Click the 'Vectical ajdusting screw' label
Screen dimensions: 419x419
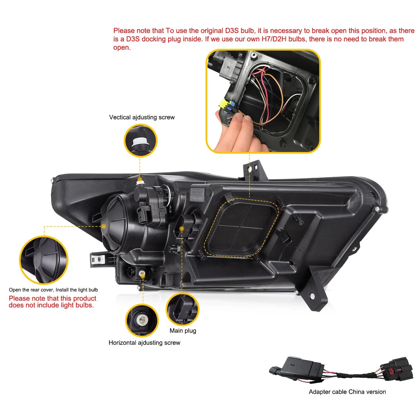(142, 117)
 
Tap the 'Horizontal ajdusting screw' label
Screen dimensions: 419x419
(144, 343)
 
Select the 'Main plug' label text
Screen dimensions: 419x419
(183, 331)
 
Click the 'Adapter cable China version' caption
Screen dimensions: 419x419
(347, 392)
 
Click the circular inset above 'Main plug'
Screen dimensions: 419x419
(182, 309)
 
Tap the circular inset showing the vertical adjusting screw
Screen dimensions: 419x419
(141, 141)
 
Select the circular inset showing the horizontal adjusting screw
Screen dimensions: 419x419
(142, 320)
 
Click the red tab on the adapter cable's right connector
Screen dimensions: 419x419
(397, 372)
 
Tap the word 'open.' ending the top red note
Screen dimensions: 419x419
(122, 47)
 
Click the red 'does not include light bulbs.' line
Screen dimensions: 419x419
(51, 305)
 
